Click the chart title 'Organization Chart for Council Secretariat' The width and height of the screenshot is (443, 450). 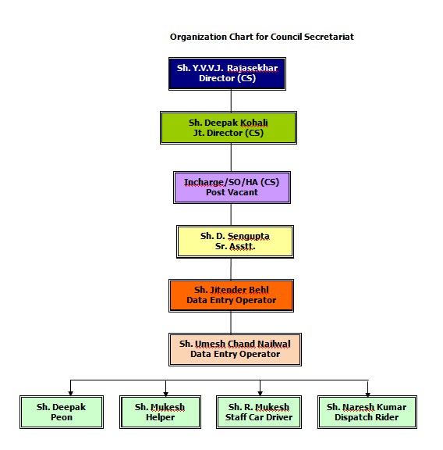261,37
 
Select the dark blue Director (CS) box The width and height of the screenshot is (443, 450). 227,73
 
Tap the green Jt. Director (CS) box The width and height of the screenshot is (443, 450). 229,127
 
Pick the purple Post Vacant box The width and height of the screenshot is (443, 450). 232,187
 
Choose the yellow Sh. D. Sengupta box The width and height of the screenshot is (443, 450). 235,241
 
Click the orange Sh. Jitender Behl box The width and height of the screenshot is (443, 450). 231,295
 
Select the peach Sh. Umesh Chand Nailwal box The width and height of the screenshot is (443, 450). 235,349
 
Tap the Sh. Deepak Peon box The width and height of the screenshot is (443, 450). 62,412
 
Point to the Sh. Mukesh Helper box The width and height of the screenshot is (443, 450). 160,412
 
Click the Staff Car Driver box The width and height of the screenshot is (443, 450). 259,412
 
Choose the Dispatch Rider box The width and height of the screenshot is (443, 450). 367,412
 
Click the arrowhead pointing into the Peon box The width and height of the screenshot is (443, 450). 70,394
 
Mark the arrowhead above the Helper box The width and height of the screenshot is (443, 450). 165,394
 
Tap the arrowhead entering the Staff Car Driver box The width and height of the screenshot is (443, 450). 260,394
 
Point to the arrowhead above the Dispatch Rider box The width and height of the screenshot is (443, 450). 367,395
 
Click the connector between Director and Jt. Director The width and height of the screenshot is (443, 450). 231,101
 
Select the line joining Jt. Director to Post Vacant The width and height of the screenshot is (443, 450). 231,158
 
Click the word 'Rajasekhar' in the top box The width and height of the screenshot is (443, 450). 252,68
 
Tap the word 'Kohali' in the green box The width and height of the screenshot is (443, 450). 254,123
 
